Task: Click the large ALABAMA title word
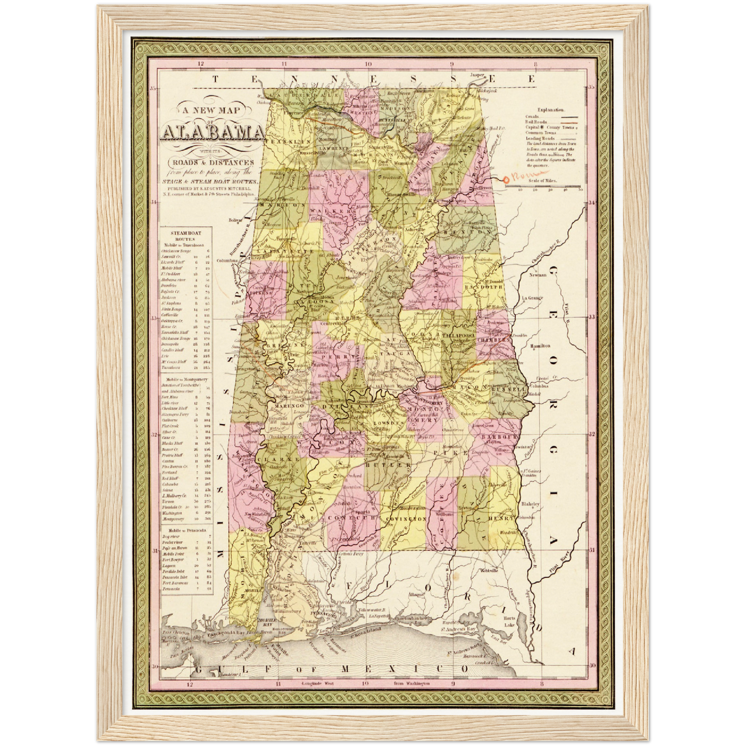pos(212,133)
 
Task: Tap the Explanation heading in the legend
pos(551,110)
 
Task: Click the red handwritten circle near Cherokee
pos(506,179)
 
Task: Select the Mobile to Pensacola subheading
pos(185,530)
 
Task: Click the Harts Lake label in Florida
pos(509,622)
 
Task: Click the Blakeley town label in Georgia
pos(530,503)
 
